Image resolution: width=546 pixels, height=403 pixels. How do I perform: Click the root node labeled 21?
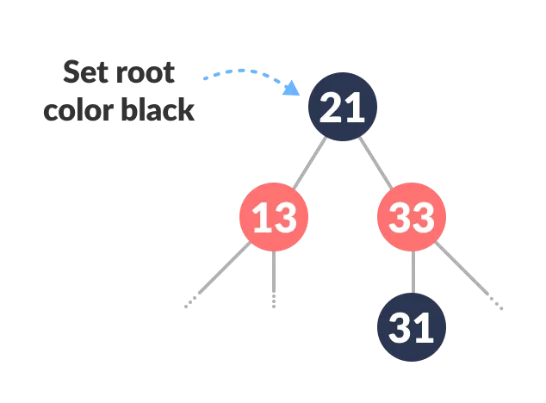tap(343, 107)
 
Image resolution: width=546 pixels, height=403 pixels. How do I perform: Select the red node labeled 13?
tap(274, 217)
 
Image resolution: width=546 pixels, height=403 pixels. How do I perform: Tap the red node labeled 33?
tap(412, 217)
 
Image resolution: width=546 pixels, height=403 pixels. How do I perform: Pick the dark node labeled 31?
tap(412, 327)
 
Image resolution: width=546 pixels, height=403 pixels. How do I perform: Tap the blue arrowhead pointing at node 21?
tap(293, 88)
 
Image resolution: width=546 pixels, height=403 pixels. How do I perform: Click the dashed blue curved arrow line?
tap(245, 71)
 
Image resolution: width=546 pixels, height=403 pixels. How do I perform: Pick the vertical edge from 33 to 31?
tap(412, 271)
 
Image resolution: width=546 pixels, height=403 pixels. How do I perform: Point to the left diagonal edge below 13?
tap(226, 271)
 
